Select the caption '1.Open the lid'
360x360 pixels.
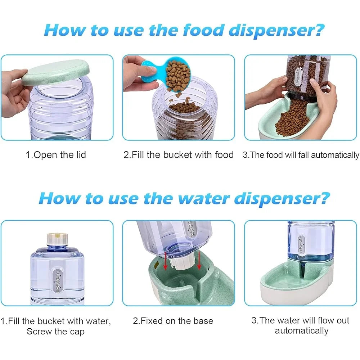(x=56, y=155)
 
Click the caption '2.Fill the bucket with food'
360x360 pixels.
(x=179, y=155)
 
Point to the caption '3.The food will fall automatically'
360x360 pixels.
(x=301, y=155)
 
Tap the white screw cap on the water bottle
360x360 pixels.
(x=57, y=239)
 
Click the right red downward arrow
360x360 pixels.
(x=199, y=261)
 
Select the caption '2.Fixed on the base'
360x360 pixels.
(x=173, y=321)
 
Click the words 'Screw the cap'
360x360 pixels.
(x=55, y=332)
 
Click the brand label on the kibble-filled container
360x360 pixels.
(x=298, y=77)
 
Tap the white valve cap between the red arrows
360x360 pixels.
(x=183, y=262)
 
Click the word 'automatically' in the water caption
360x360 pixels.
(x=301, y=331)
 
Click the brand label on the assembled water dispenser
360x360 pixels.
(x=301, y=244)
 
